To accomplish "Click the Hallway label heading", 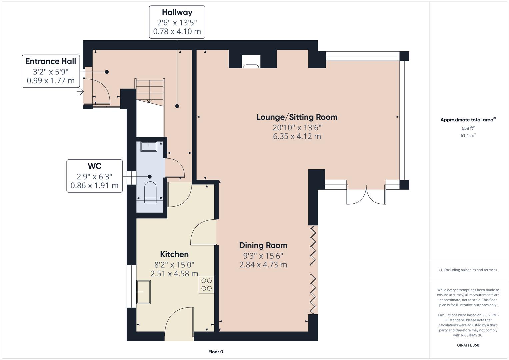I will [x=177, y=12].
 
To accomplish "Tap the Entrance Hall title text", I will [x=51, y=61].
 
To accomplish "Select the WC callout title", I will [x=94, y=166].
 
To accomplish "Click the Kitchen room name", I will [x=174, y=254].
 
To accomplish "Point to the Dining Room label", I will [x=263, y=245].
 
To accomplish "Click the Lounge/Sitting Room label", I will [x=297, y=117].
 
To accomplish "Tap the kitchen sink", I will [x=144, y=292].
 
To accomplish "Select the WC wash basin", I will [x=149, y=147].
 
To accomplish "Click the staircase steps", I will [x=150, y=90].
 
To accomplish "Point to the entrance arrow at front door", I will [x=80, y=92].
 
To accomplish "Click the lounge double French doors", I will [x=366, y=195].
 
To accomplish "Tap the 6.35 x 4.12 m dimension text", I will [x=297, y=136].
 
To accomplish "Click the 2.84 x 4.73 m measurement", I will [x=263, y=265].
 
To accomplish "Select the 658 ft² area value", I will [x=468, y=128].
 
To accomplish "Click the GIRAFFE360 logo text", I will [x=468, y=345].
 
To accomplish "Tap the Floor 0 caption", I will [x=215, y=352].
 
